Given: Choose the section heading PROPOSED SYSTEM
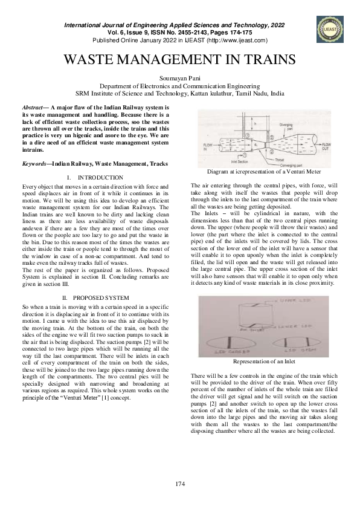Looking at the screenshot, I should pos(100,298).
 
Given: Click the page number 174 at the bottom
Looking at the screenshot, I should pos(179,484).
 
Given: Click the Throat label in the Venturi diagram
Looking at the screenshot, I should pos(275,158).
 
